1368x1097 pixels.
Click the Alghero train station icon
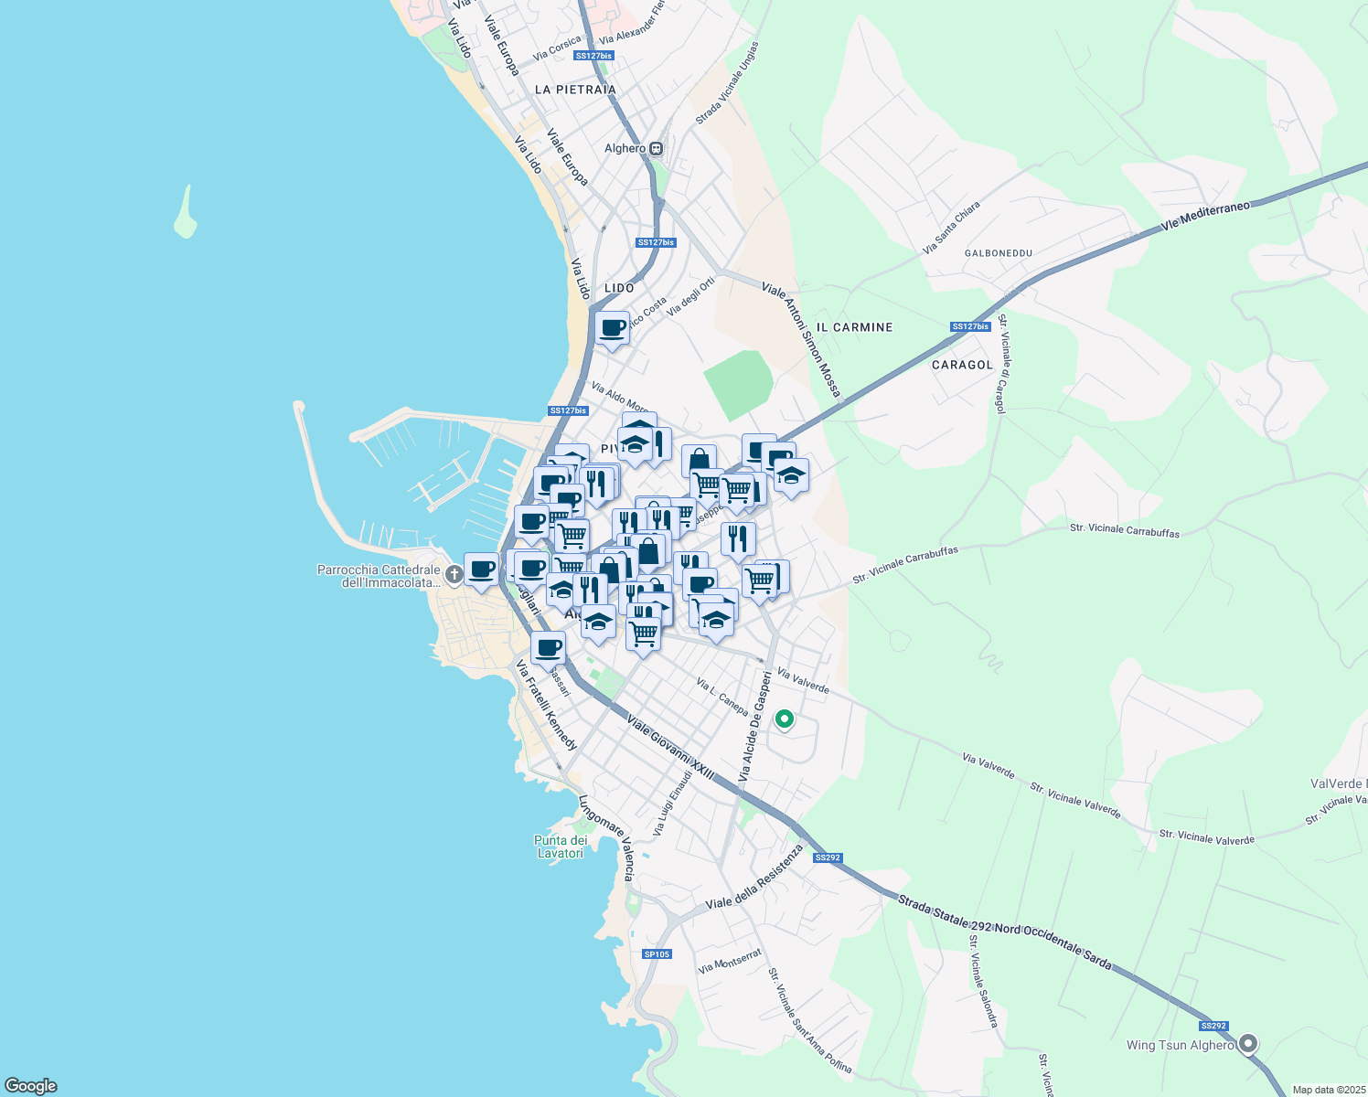[x=656, y=148]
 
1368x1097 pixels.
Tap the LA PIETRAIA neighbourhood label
[x=575, y=90]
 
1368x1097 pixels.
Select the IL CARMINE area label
[x=854, y=327]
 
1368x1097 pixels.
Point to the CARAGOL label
[x=962, y=365]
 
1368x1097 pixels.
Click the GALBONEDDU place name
[x=999, y=253]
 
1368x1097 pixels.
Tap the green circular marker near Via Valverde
[x=784, y=719]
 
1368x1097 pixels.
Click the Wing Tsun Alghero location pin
[x=1248, y=1044]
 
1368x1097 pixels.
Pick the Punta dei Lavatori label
[x=561, y=847]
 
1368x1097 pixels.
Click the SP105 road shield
[x=657, y=954]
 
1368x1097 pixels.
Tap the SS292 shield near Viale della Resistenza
[x=827, y=857]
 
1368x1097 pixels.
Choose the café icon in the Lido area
[x=612, y=328]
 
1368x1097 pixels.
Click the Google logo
[x=31, y=1086]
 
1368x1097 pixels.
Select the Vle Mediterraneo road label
[x=1205, y=217]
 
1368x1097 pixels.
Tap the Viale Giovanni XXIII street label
[x=670, y=748]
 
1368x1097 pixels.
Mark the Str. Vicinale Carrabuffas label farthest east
[x=1125, y=530]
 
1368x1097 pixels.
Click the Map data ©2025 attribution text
[x=1328, y=1090]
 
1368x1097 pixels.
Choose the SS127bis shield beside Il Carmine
[x=970, y=326]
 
